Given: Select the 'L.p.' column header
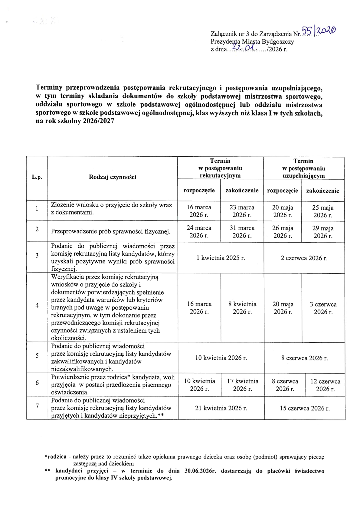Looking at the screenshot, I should click(x=37, y=177).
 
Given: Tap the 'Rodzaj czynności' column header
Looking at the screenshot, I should click(x=113, y=177).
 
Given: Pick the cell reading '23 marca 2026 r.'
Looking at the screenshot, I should click(x=242, y=211).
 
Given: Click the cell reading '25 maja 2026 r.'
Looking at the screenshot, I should click(x=322, y=211).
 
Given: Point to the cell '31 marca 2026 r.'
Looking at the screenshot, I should click(x=242, y=232).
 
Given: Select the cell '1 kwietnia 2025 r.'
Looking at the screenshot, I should click(x=221, y=258).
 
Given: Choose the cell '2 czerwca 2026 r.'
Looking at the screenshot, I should click(x=304, y=258).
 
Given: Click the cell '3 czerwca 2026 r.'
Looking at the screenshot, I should click(x=323, y=308).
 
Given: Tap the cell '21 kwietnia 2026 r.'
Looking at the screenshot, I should click(x=221, y=408).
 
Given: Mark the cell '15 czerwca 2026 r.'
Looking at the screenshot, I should click(x=305, y=408).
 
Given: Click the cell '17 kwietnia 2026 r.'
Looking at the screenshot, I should click(x=242, y=385).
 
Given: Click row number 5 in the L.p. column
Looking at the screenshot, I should click(x=37, y=356).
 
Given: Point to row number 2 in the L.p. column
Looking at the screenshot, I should click(x=37, y=229).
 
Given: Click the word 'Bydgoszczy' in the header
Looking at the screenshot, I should click(x=278, y=42).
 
